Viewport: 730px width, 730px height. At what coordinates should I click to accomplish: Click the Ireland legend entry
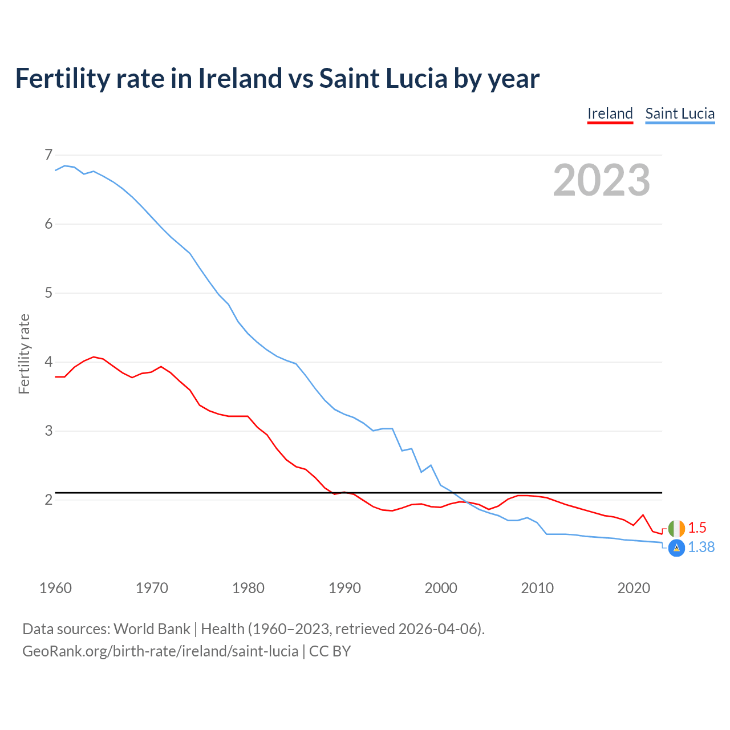610,113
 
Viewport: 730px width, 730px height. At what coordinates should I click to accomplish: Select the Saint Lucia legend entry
680,113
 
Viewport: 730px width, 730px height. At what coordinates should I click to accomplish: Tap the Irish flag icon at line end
676,529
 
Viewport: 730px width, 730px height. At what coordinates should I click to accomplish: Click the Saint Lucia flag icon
676,548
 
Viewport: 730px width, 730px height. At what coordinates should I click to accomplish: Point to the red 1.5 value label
697,528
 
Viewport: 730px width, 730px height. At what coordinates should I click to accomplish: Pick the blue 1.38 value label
701,547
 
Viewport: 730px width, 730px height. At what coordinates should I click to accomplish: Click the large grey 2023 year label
602,180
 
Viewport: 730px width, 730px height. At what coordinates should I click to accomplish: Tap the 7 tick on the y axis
48,155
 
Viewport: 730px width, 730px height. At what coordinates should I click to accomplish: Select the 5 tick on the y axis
48,293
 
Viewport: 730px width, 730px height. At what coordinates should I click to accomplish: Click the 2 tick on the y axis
48,500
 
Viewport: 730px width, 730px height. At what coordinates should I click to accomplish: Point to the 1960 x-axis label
55,588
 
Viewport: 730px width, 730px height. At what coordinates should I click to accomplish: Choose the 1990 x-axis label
344,588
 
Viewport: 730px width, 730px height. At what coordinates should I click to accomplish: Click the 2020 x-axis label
634,588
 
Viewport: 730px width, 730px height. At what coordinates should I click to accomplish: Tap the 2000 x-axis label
441,588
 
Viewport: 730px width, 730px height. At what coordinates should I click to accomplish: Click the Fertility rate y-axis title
24,354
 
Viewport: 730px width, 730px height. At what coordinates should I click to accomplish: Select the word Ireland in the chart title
240,78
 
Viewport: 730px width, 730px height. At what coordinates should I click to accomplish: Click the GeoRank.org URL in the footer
160,651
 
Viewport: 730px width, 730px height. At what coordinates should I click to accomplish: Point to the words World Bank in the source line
152,629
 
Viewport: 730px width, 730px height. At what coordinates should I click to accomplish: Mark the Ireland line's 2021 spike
643,515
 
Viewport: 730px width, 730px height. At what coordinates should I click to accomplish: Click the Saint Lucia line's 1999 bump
431,465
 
